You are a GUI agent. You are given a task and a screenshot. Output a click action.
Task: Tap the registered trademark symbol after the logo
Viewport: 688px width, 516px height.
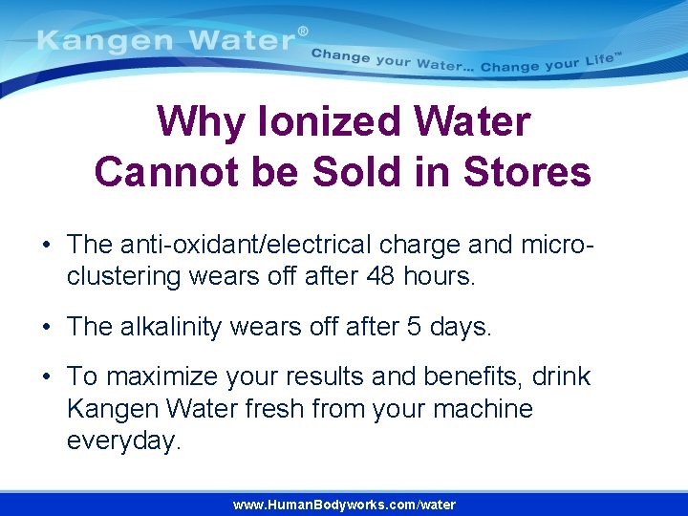coord(304,32)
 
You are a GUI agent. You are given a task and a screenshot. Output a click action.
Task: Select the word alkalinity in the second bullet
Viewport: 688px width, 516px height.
coord(178,327)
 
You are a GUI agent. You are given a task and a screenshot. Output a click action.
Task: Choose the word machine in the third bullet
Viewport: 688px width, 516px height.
coord(484,409)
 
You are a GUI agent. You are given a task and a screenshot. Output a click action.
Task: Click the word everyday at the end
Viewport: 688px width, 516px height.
coord(123,441)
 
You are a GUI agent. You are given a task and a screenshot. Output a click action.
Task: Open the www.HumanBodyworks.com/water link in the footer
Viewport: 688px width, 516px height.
coord(344,505)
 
